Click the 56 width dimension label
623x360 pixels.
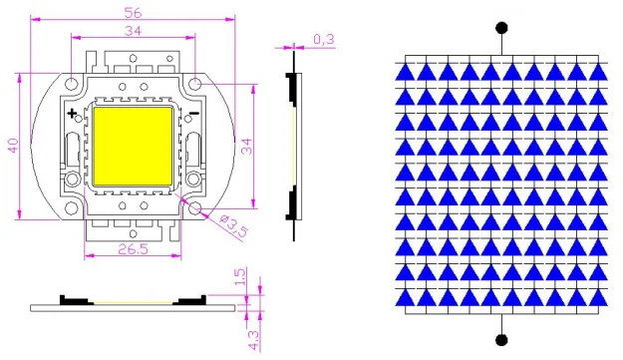click(x=133, y=13)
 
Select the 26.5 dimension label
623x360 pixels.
click(x=134, y=249)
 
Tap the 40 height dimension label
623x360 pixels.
click(x=13, y=146)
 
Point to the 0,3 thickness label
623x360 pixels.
click(x=324, y=39)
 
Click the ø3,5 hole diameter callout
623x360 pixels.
click(x=233, y=225)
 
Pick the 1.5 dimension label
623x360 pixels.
click(x=240, y=276)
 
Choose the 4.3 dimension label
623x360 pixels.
click(x=253, y=340)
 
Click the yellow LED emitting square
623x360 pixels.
click(x=133, y=147)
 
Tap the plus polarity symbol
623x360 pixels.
click(x=72, y=114)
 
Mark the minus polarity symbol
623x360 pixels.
click(x=194, y=114)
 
